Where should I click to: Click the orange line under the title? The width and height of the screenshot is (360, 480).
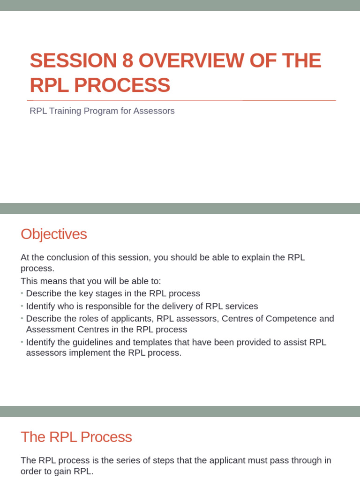(181, 100)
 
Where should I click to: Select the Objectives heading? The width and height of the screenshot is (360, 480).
(54, 234)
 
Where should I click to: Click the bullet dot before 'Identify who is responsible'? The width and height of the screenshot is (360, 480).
(22, 306)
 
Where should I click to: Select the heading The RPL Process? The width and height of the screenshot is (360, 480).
(76, 437)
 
